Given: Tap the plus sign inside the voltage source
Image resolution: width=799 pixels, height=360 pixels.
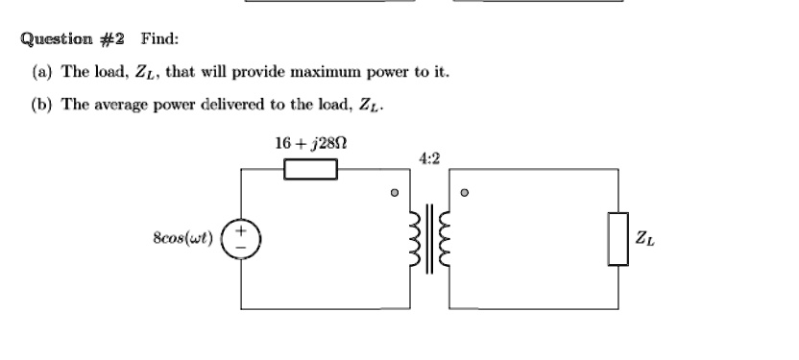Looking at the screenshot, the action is pos(241,230).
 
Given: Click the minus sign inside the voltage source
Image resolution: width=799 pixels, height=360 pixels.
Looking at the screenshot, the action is pos(241,248).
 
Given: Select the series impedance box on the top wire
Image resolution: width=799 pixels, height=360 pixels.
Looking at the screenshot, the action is pos(311,169).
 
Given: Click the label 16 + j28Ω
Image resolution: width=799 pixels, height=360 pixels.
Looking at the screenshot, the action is pos(311,144).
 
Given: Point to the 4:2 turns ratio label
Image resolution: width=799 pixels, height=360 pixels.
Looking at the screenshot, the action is pos(429,159).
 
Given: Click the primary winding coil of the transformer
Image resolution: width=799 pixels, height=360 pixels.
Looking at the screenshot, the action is pos(415,239).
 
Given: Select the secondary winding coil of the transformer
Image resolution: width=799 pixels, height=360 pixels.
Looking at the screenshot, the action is pos(445,239).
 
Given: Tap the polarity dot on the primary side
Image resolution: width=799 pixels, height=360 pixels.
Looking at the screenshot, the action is pos(395,192).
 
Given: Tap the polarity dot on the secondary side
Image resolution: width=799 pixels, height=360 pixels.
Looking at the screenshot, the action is pos(464,192).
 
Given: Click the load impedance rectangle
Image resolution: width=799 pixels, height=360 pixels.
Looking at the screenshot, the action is pos(618,239).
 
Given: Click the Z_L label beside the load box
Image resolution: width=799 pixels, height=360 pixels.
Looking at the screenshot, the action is pos(644,238).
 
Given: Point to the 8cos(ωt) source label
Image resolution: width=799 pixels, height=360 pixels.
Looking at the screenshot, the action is pos(182,238).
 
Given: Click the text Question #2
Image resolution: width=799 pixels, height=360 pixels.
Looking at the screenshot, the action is pos(72,39).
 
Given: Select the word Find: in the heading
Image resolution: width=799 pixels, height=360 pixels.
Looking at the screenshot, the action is pos(160,38).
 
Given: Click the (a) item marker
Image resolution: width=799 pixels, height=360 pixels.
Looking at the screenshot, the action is pos(42,72).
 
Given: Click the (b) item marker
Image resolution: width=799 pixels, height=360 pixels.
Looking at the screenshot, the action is pos(42,105).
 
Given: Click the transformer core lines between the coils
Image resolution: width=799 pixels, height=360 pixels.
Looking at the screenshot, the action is pos(429,239).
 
